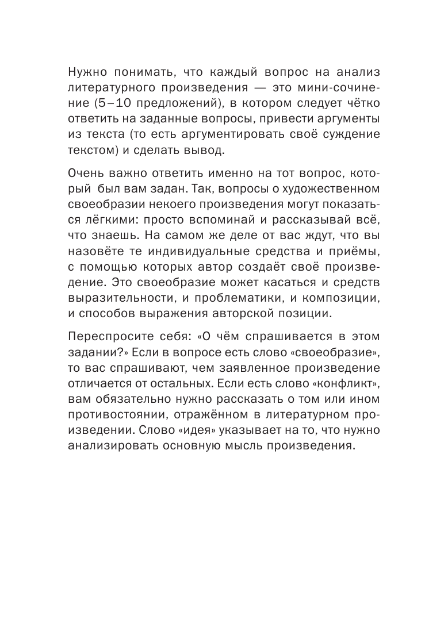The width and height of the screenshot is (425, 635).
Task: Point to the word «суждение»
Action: pyautogui.click(x=326, y=136)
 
